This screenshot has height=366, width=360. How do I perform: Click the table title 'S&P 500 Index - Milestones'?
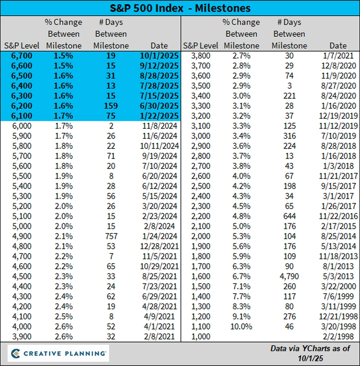[x=180, y=8]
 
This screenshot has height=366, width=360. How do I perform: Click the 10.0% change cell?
[x=241, y=326]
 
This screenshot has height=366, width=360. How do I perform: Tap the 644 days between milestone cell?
[x=289, y=216]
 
